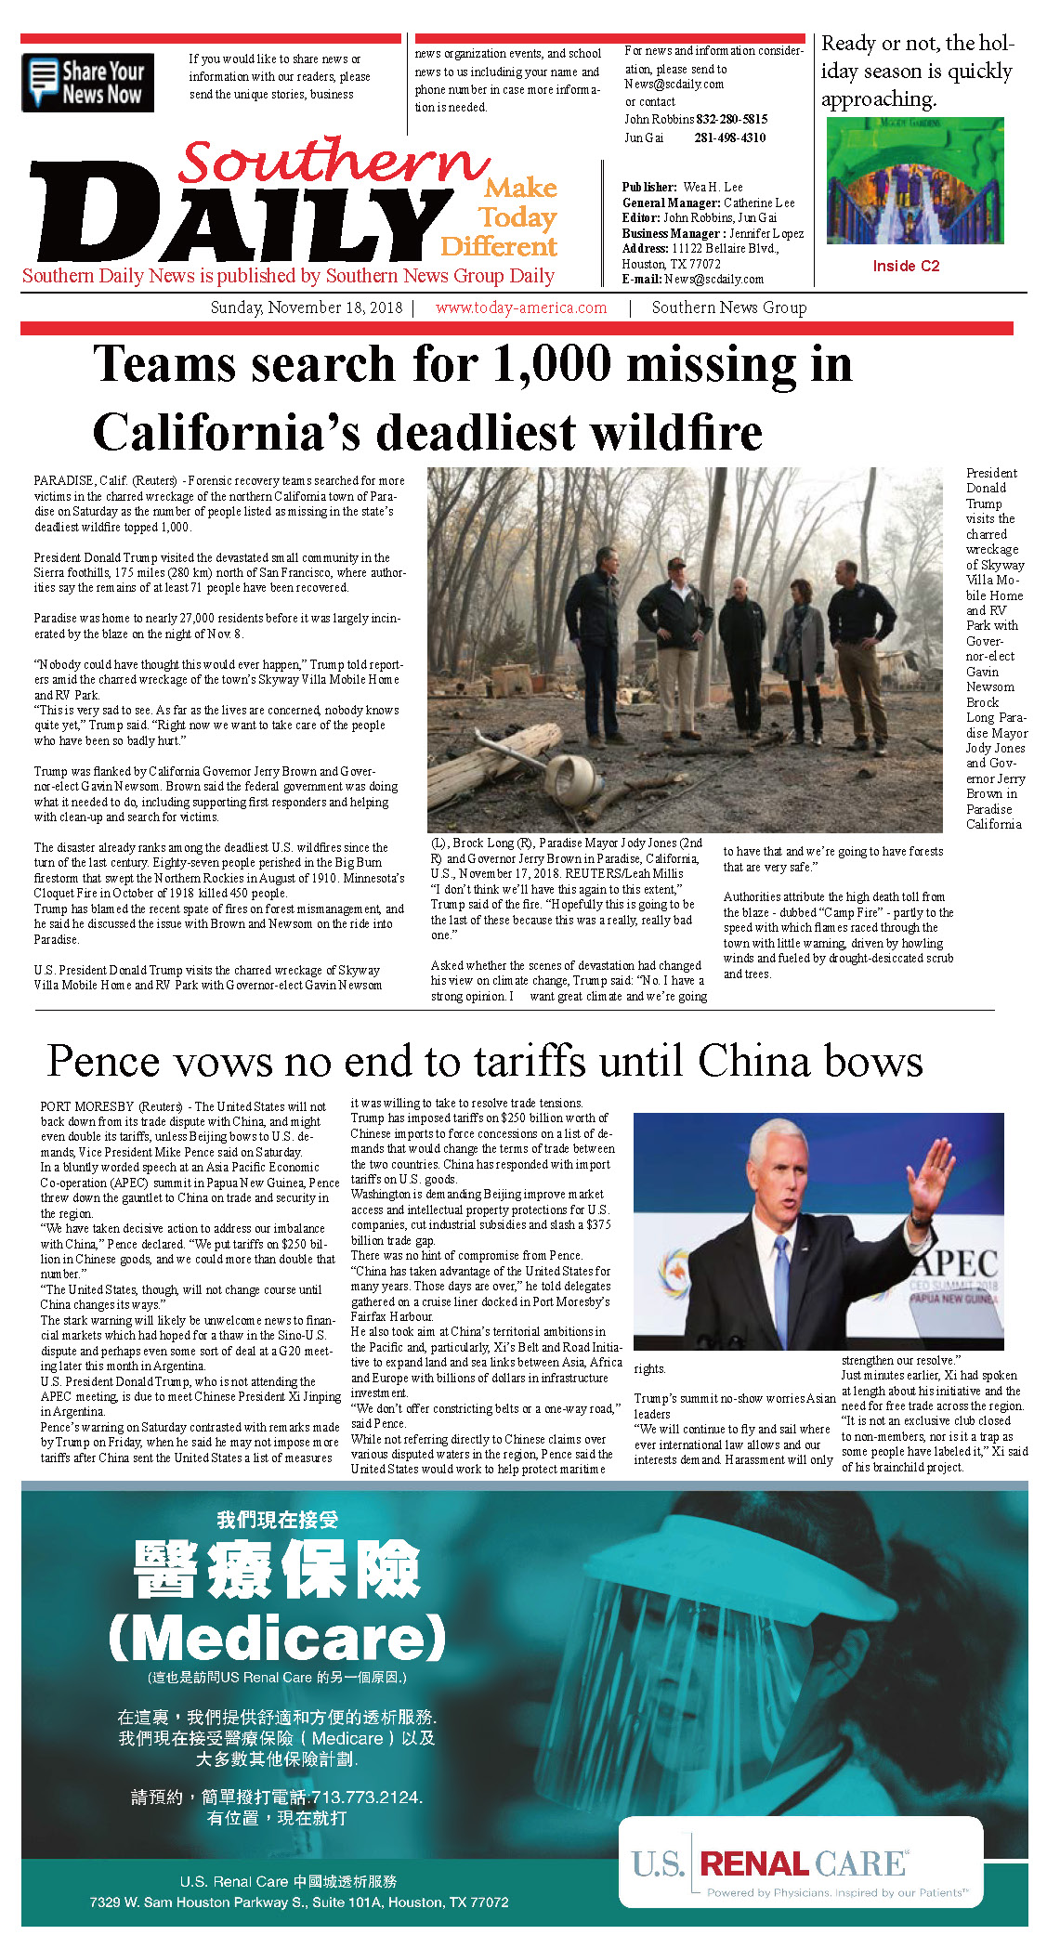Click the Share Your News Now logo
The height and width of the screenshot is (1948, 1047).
pos(87,83)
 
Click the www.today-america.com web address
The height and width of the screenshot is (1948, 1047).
pos(520,307)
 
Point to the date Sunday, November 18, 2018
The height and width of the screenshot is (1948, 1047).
pos(307,307)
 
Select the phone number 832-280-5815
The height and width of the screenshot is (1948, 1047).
pos(732,119)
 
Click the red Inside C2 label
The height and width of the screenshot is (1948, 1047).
pos(906,266)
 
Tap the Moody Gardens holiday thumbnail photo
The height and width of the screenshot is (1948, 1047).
pos(914,181)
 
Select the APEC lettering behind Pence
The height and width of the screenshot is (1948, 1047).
pos(957,1264)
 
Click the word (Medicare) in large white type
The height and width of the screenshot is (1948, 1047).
pos(278,1639)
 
